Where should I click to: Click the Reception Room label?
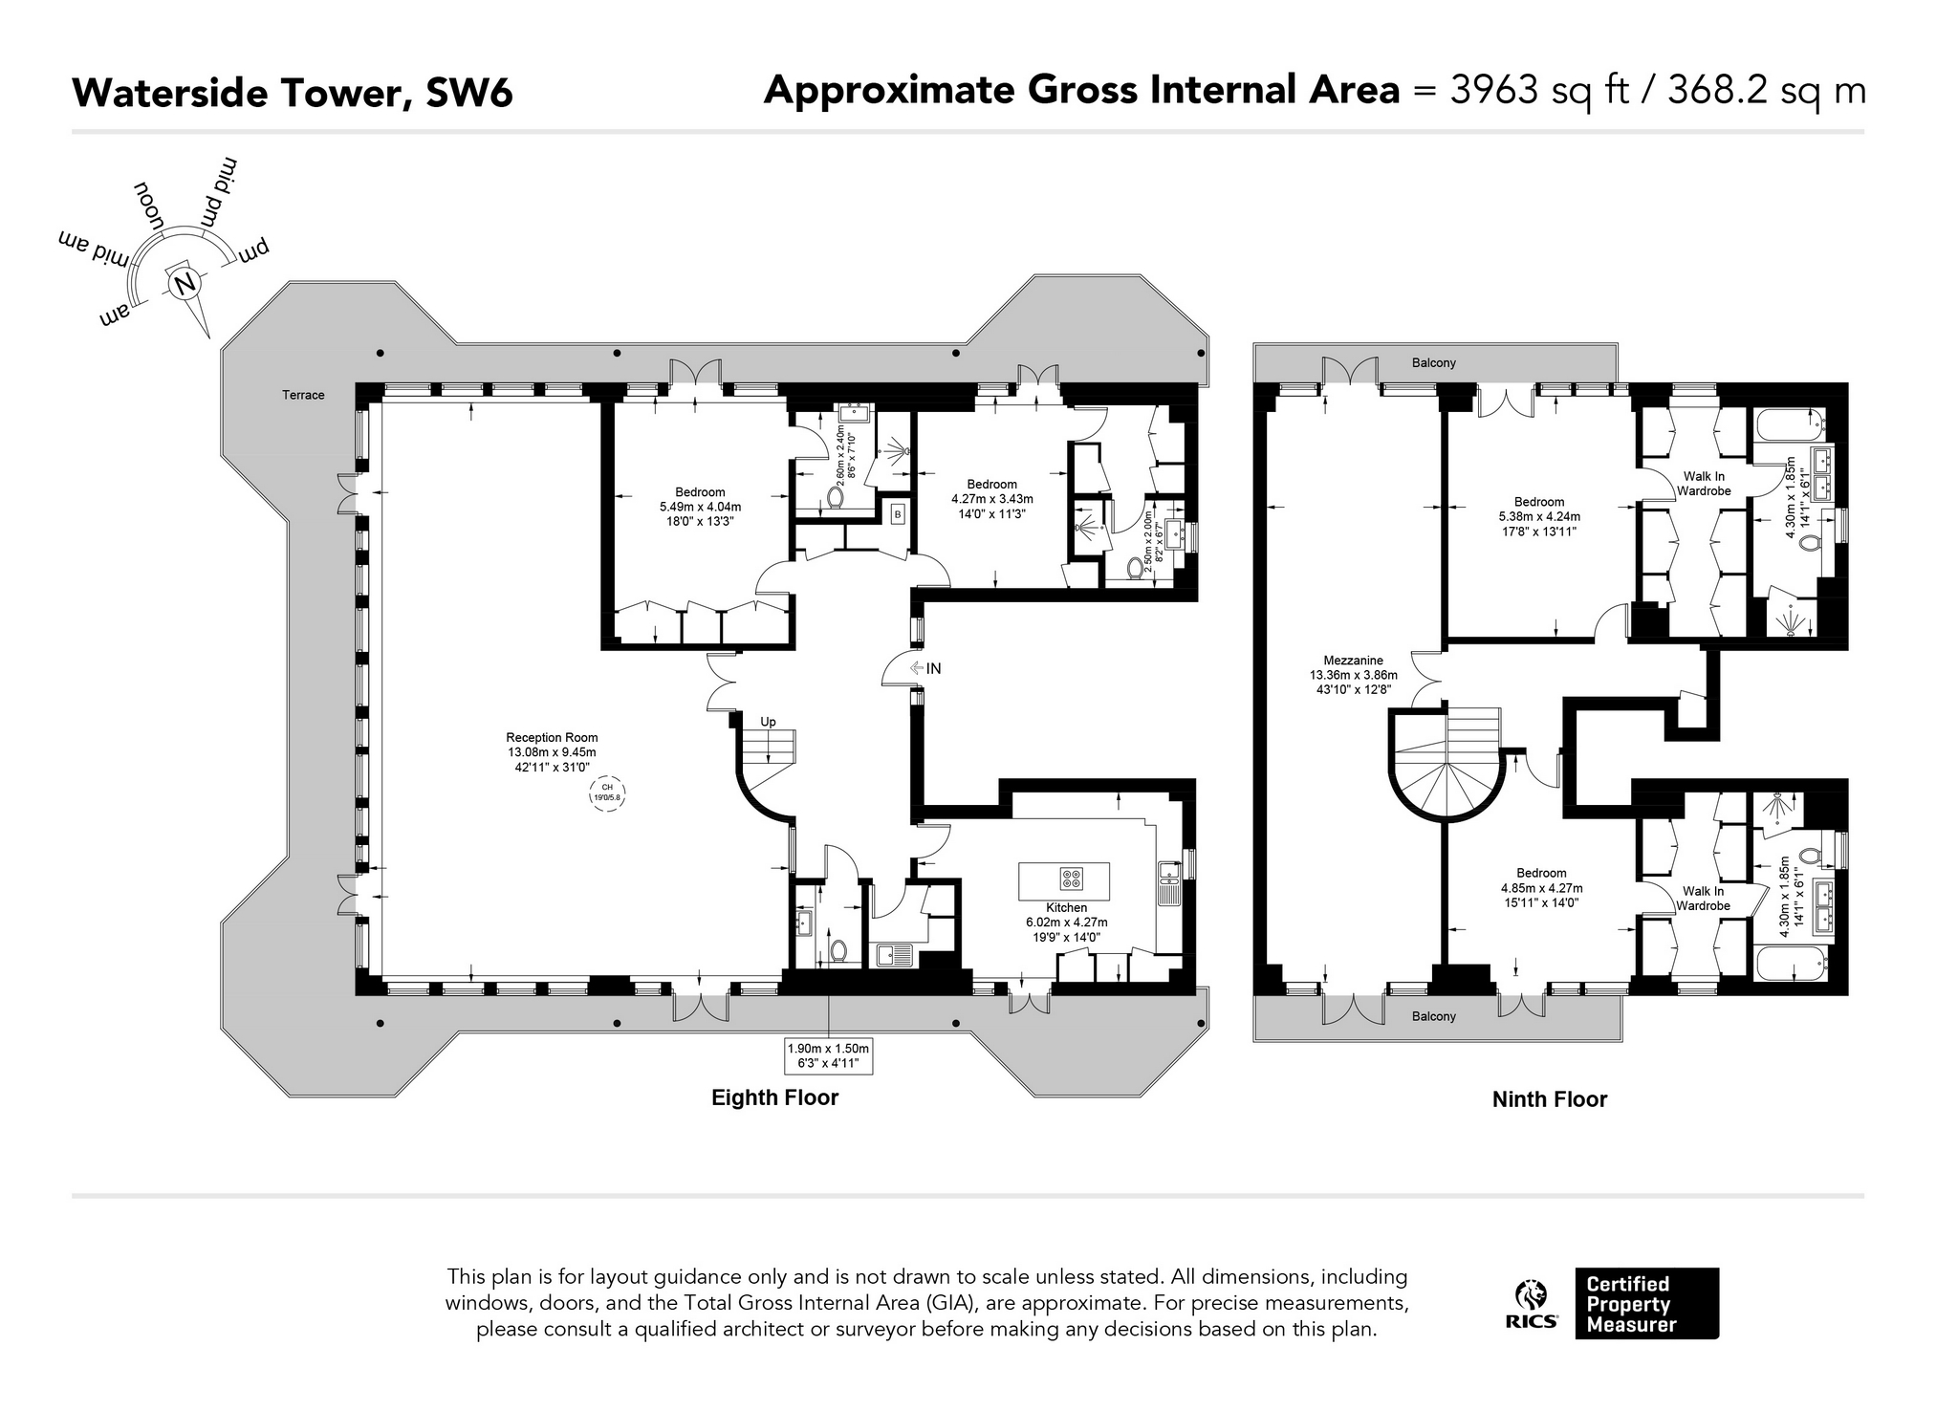pos(552,737)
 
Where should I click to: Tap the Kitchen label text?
pos(1066,907)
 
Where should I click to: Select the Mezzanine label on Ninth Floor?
pos(1353,660)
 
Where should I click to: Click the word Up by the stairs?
pos(768,722)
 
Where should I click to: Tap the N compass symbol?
pos(185,283)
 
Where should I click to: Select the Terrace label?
pos(303,395)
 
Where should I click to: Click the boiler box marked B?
pos(897,514)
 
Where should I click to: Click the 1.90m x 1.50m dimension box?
pos(828,1054)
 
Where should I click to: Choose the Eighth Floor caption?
pos(774,1097)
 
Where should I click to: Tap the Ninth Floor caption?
pos(1550,1099)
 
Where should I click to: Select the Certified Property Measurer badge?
pos(1646,1304)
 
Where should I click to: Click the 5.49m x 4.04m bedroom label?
pos(700,508)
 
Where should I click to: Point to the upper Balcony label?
pos(1433,363)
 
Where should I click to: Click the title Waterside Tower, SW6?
pos(293,94)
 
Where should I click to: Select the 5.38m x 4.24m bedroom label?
pos(1539,517)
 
